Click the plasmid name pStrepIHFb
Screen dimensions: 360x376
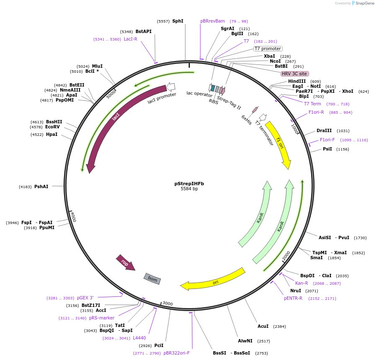click(189, 184)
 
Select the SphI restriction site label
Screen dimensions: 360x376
click(178, 21)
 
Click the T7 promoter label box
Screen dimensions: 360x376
click(268, 49)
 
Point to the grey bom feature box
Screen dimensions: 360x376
click(152, 278)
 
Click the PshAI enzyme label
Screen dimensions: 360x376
click(41, 186)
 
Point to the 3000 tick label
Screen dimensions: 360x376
click(167, 304)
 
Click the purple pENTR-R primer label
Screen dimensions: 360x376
click(293, 298)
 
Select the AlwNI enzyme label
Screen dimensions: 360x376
click(245, 341)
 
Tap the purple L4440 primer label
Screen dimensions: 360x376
click(139, 338)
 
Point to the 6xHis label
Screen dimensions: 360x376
click(247, 120)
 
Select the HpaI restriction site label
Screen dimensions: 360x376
click(52, 134)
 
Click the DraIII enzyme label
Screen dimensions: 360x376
click(324, 130)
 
